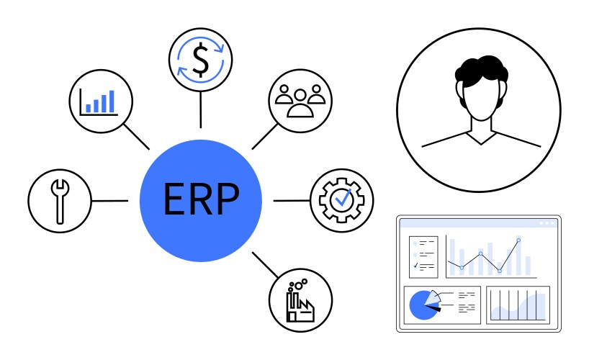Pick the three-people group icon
click(x=300, y=101)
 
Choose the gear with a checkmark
click(x=341, y=199)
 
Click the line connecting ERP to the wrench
click(x=109, y=200)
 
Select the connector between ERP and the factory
click(x=264, y=264)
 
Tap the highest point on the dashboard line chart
click(x=518, y=240)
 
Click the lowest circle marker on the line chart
click(x=499, y=271)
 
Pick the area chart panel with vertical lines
click(x=518, y=304)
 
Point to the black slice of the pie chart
click(x=432, y=307)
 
